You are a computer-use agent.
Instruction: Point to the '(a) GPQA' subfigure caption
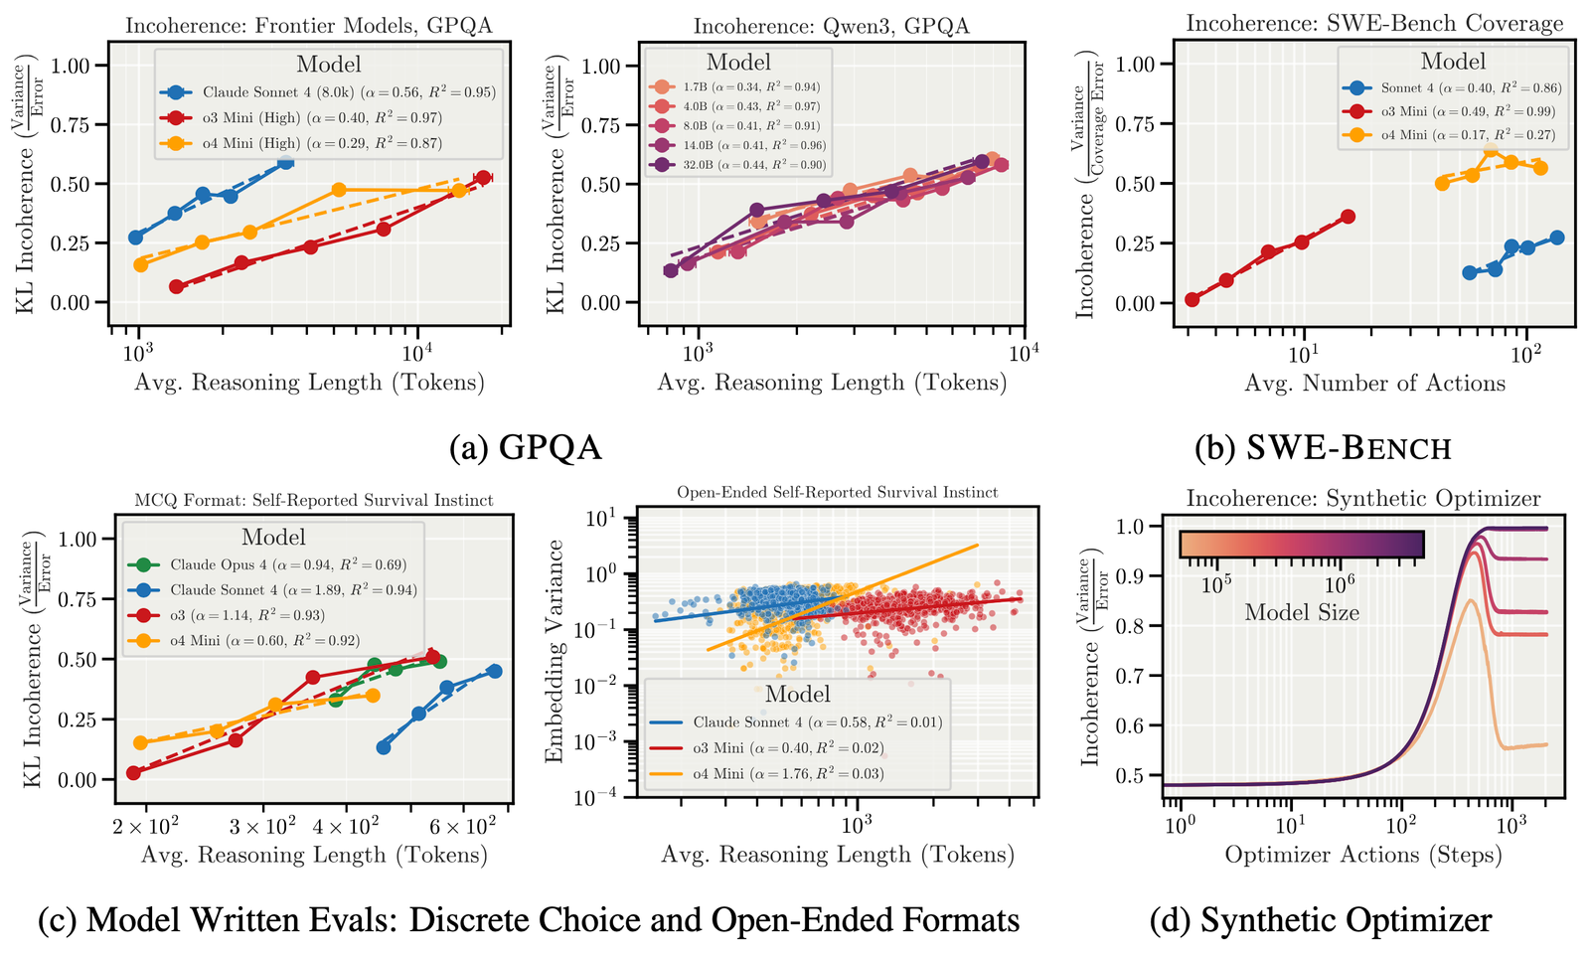526,448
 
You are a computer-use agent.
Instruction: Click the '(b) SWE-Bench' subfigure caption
1323,448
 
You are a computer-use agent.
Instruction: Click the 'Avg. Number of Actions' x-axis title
1374,384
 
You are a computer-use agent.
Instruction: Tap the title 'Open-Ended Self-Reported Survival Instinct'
837,493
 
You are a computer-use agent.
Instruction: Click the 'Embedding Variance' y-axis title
555,651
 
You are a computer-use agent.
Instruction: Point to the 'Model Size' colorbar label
1302,613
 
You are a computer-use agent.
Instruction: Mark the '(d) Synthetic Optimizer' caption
1321,920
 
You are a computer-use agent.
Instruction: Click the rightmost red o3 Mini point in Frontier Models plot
483,178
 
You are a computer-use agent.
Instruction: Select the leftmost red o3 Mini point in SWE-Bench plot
1192,299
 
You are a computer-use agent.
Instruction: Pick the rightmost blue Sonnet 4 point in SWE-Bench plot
1556,238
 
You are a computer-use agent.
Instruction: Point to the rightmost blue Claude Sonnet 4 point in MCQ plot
494,671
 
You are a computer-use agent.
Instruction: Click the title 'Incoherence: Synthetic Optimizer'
1363,499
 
